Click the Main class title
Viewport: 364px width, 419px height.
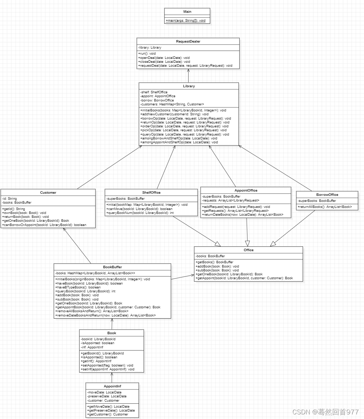coord(187,12)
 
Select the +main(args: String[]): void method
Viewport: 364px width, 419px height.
coord(185,21)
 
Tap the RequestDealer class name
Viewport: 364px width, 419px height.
coord(188,42)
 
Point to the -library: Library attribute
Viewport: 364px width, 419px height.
coord(150,48)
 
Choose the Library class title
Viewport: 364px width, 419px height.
coord(189,86)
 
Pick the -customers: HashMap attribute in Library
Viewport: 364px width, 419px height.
coord(172,104)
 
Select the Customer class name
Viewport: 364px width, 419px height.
coord(48,193)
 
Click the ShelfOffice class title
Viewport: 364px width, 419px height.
coord(151,193)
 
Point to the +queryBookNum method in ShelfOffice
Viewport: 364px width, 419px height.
coord(140,213)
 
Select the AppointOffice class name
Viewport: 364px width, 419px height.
coord(246,191)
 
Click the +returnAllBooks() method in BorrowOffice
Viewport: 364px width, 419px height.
coord(325,207)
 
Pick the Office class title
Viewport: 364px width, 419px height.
coord(248,250)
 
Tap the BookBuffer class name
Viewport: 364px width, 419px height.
coord(112,267)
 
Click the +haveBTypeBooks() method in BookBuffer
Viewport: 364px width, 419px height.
coord(78,287)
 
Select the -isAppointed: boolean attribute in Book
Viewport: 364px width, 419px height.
coord(97,343)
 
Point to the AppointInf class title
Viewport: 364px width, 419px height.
coord(112,386)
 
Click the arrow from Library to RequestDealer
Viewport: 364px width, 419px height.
coord(188,76)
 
